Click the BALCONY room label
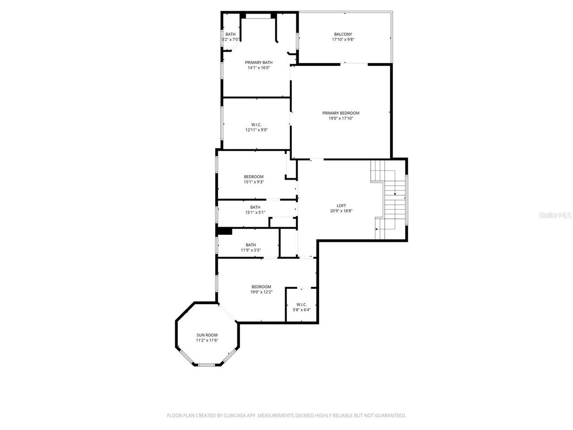[x=343, y=34]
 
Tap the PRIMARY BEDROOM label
[x=341, y=113]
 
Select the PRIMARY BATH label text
[x=259, y=62]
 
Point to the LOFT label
[x=341, y=206]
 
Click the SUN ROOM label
[x=207, y=335]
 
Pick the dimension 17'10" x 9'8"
[x=343, y=39]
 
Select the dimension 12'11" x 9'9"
[x=257, y=130]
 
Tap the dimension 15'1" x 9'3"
[x=253, y=182]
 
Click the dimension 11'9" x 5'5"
[x=251, y=250]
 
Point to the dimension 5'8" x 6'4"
[x=301, y=310]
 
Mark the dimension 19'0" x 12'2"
[x=261, y=292]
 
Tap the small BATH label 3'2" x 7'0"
[x=231, y=34]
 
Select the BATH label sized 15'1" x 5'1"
[x=255, y=207]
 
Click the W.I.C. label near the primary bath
[x=257, y=125]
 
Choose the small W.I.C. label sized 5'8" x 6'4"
[x=301, y=305]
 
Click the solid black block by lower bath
[x=224, y=231]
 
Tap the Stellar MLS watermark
[x=555, y=215]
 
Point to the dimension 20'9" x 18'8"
[x=341, y=211]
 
